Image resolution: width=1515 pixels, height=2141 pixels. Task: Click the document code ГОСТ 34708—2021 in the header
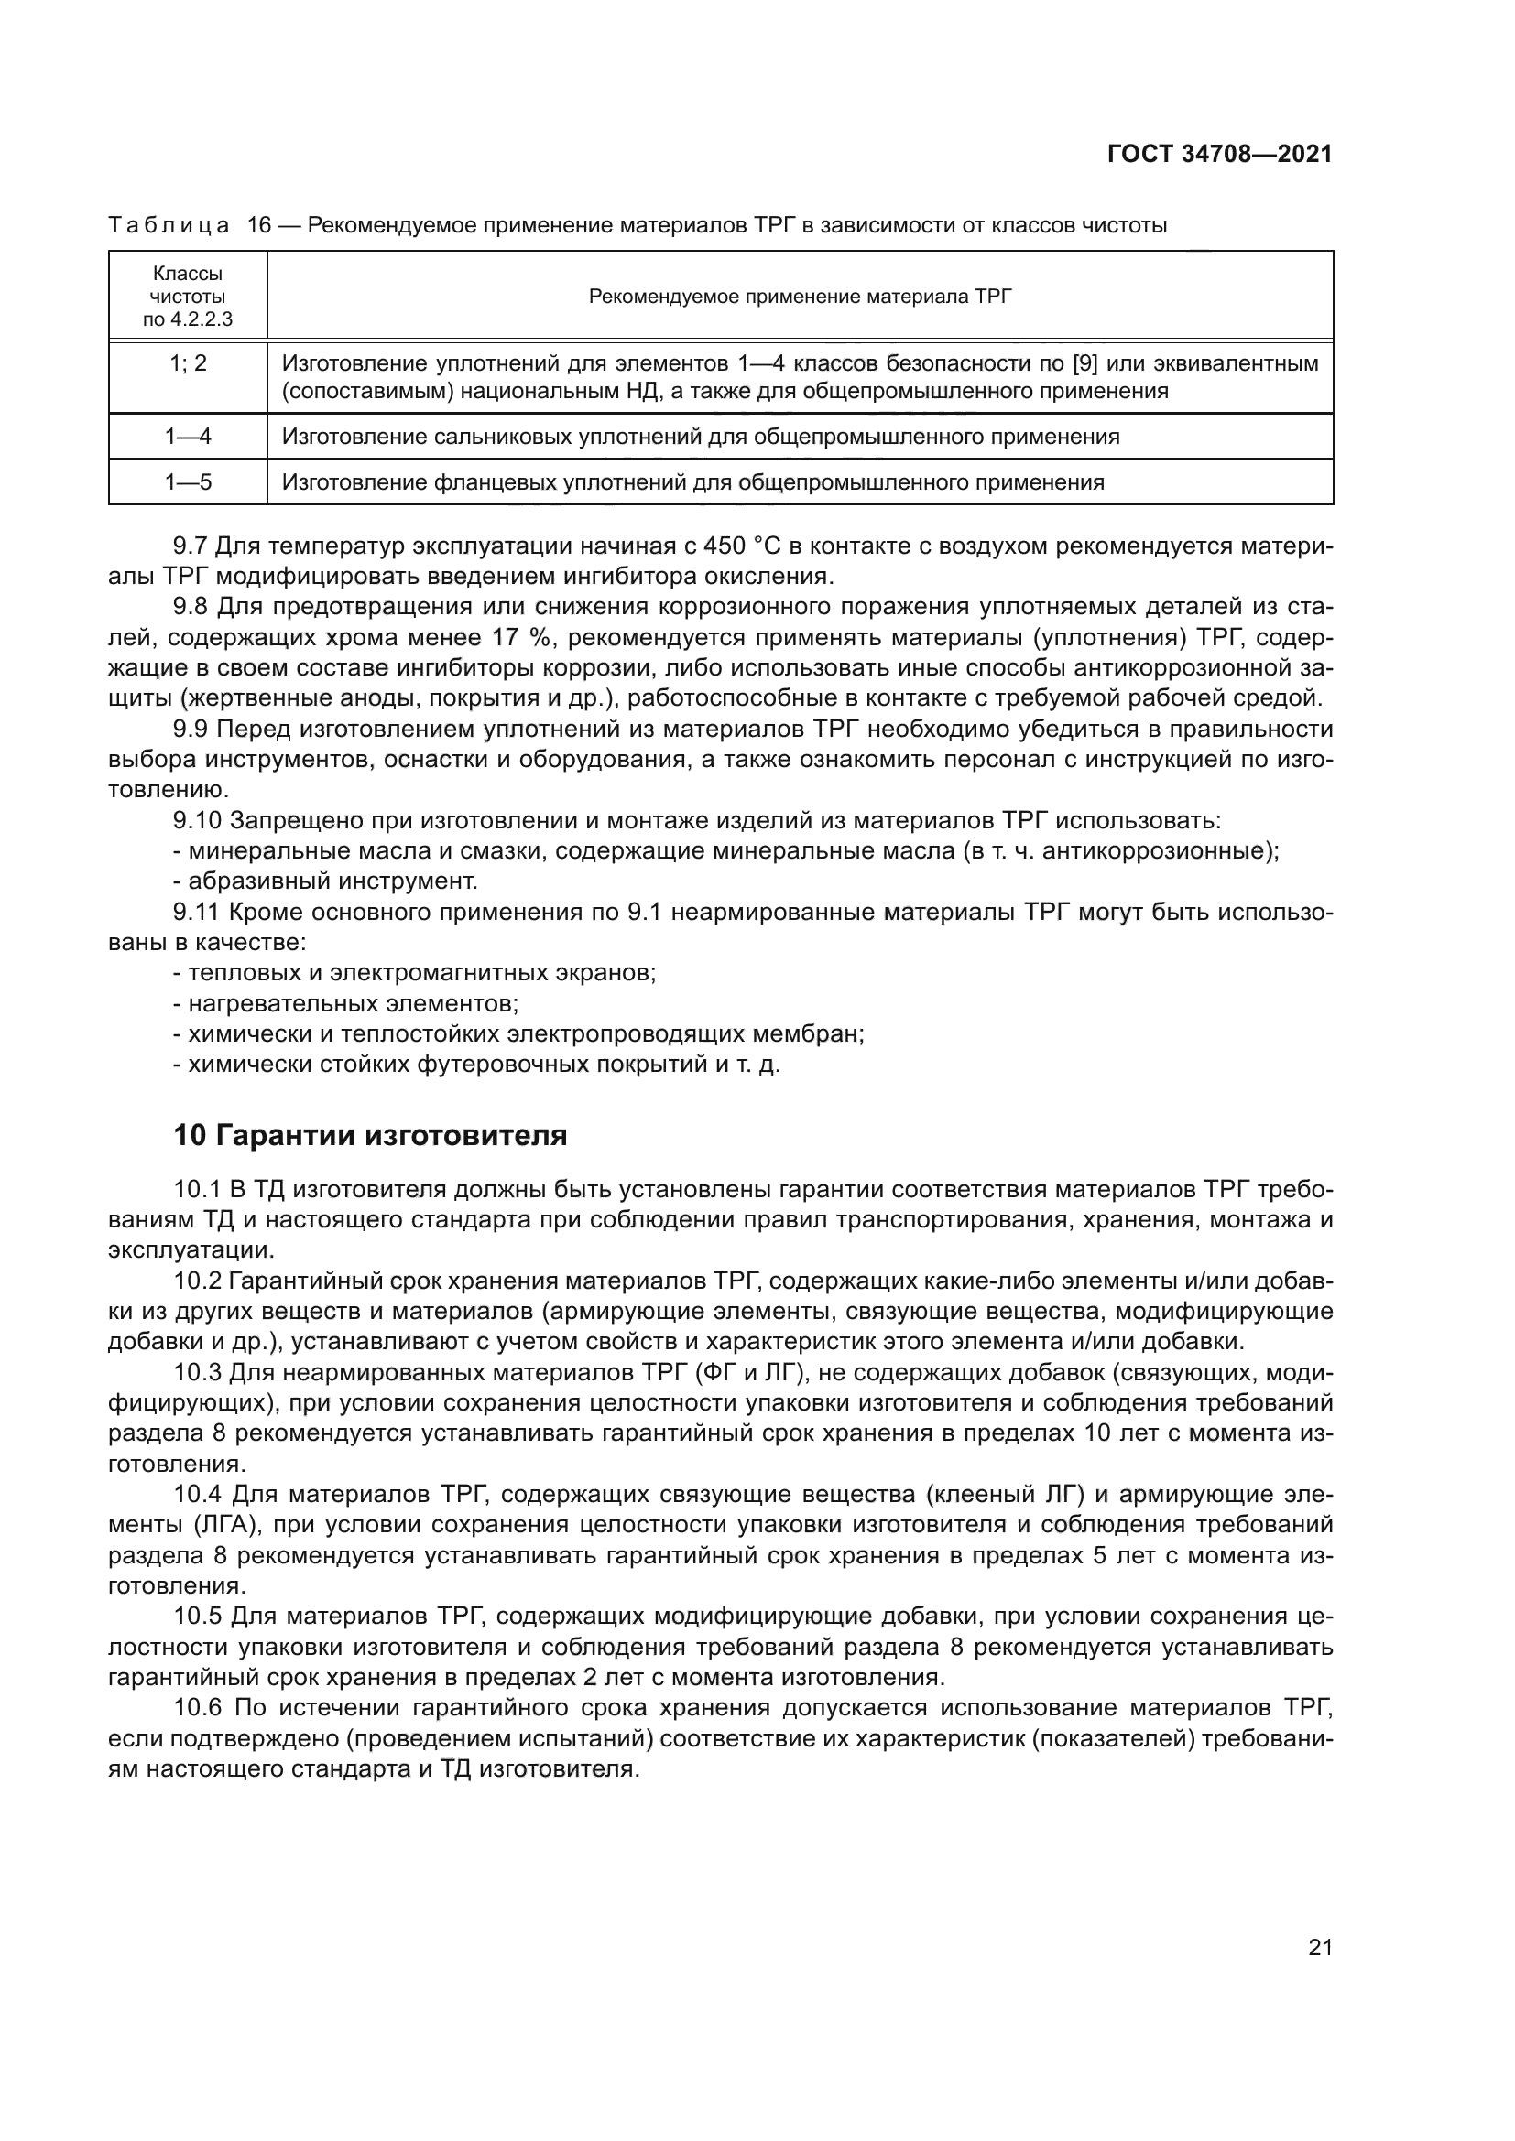[1219, 155]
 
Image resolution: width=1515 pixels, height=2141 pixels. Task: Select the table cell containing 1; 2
[188, 363]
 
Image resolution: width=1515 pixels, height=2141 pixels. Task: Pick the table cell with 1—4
[188, 437]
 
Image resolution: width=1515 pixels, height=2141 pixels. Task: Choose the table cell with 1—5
[188, 482]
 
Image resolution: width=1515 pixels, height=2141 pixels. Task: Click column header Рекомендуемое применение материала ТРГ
[800, 297]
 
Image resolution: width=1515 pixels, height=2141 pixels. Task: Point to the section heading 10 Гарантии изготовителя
[370, 1136]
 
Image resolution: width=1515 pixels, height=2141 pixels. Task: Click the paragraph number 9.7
[192, 546]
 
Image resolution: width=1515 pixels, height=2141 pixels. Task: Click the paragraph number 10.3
[198, 1374]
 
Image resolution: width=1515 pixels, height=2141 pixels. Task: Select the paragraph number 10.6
[198, 1708]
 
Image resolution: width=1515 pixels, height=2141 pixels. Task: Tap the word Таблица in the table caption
[169, 226]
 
